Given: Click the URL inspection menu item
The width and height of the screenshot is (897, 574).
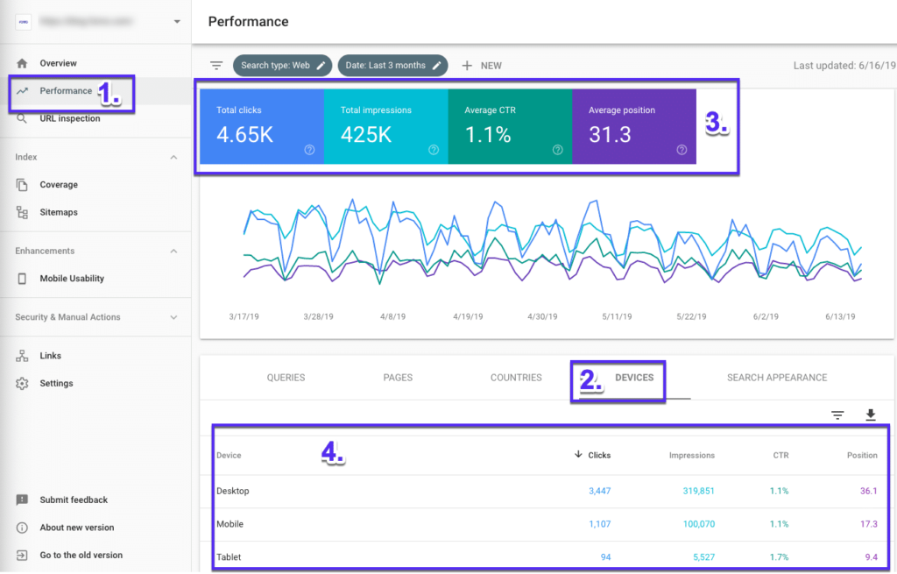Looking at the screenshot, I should click(x=69, y=118).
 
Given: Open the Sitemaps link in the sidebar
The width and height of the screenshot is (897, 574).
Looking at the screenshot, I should click(x=59, y=212).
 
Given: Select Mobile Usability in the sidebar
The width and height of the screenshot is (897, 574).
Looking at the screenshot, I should click(x=72, y=279).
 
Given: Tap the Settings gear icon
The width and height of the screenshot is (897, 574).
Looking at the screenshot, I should click(x=22, y=384).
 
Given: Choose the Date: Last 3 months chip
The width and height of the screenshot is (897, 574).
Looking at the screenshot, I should click(x=392, y=66).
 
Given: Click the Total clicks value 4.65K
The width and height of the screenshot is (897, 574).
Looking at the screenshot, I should click(x=245, y=135).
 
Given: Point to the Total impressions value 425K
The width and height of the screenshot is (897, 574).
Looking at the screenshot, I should click(x=366, y=135).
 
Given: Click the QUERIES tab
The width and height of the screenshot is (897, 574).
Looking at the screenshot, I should click(x=286, y=378).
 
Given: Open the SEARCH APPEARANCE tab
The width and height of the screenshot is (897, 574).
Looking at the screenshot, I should click(x=776, y=378).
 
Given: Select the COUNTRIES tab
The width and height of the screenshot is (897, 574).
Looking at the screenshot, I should click(x=516, y=378).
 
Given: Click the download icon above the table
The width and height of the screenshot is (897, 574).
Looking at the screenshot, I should click(x=870, y=415).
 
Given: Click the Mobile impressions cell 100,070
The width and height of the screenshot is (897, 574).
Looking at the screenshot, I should click(x=698, y=524).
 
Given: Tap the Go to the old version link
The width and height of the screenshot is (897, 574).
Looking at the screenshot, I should click(x=81, y=556).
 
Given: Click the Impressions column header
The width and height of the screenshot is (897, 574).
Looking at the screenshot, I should click(x=691, y=456).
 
